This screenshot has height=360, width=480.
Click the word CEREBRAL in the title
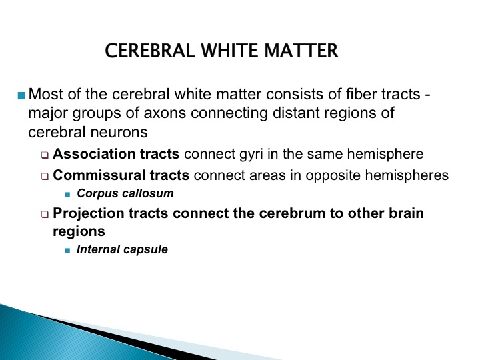tap(150, 51)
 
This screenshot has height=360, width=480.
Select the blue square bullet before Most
tap(21, 95)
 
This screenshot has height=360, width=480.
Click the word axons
tap(165, 113)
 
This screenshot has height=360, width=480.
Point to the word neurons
tap(119, 132)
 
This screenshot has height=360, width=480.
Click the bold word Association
tap(94, 154)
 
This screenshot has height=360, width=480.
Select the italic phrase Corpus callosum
tap(125, 193)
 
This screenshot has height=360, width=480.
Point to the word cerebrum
tap(292, 213)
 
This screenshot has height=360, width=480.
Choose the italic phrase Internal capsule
tap(122, 249)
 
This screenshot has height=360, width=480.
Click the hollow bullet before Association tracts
tap(45, 155)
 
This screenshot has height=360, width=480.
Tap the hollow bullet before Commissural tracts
tap(45, 177)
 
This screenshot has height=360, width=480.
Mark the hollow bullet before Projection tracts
tap(45, 215)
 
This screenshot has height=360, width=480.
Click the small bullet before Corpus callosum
tap(67, 195)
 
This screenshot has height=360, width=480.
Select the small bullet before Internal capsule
tap(67, 251)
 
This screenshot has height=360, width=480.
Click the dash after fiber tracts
tap(427, 95)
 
